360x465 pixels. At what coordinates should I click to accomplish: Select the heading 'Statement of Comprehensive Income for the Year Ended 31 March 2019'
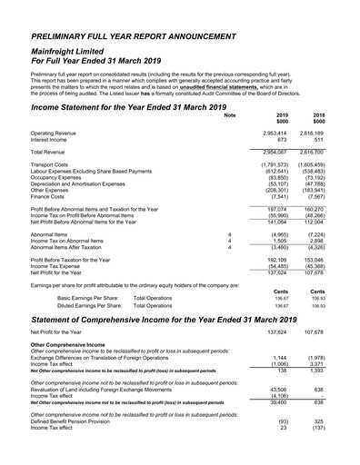pos(178,321)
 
